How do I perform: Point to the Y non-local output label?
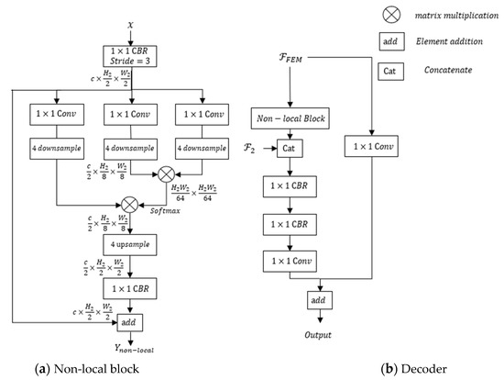129,348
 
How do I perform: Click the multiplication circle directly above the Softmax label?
166,171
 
